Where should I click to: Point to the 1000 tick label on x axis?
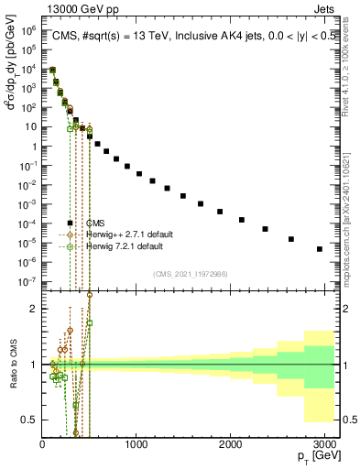tap(136, 445)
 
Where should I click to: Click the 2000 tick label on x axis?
tap(230, 445)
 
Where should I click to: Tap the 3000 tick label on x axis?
tap(324, 445)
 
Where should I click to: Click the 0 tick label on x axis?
tap(42, 445)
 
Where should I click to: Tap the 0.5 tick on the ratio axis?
tap(28, 420)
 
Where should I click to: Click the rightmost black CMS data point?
tap(319, 249)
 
